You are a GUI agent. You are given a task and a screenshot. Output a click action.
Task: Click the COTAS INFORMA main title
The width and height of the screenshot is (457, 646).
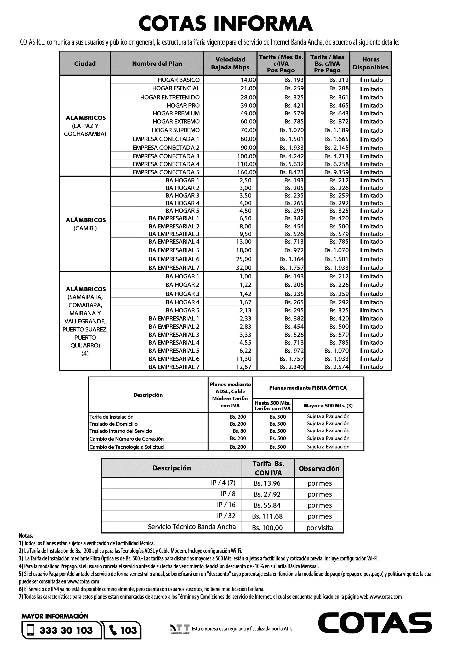226,23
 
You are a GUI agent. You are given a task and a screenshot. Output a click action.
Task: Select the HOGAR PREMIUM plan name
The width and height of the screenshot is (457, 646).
176,114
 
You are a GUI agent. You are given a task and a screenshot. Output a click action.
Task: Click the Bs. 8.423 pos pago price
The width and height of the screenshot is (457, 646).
292,172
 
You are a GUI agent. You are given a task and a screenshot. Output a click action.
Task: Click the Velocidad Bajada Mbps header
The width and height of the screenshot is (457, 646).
230,63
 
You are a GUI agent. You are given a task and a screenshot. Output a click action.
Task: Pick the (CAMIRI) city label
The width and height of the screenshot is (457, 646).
85,228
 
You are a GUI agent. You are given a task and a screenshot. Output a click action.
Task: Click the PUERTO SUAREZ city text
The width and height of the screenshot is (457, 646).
85,329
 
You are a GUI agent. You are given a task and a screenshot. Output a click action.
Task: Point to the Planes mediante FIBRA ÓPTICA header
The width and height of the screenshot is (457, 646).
308,388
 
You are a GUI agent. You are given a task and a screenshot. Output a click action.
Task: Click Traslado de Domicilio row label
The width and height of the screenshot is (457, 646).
114,424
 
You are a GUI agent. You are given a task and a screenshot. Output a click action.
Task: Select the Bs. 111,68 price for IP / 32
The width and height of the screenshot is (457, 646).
267,516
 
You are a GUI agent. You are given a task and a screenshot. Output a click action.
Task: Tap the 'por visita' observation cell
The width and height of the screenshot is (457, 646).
319,528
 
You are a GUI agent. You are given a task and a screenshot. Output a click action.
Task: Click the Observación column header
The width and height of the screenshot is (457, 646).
319,469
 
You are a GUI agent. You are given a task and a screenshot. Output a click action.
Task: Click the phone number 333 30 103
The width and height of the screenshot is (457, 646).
66,630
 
